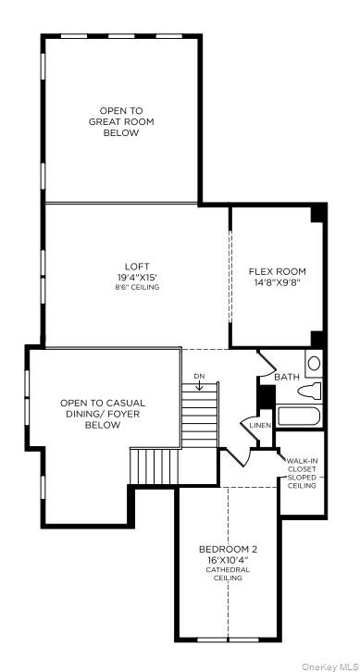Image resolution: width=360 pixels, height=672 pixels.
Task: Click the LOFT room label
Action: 137,267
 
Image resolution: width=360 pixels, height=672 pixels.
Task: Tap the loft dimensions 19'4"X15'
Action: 137,277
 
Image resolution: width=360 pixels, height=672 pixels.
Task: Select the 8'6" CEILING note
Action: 137,287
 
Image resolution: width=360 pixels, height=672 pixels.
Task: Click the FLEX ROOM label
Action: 277,272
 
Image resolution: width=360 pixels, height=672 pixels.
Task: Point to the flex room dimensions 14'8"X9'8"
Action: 277,282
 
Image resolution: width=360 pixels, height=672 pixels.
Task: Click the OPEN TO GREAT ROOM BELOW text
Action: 120,121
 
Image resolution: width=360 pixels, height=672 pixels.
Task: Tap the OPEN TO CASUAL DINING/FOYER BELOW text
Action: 103,414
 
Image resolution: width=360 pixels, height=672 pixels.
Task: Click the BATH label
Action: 287,377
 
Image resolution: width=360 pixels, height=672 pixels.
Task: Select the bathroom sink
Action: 314,364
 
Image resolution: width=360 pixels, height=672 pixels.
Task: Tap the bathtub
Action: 299,416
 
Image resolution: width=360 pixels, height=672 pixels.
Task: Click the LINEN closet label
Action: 259,425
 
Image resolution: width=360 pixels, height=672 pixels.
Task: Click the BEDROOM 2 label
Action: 228,549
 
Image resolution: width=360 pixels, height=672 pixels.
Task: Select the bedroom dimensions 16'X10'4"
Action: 228,559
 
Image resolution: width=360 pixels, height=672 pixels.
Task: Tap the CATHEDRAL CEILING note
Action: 228,574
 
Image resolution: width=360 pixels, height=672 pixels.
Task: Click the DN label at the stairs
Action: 199,375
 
